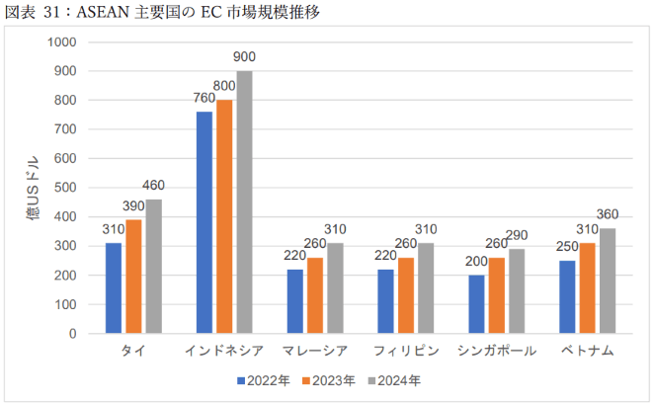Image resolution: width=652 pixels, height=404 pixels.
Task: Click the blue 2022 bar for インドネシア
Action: (204, 222)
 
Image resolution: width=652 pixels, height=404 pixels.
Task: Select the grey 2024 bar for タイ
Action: (153, 267)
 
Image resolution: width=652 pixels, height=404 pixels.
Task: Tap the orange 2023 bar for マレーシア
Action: (315, 295)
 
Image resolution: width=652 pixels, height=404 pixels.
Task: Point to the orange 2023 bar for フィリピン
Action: (406, 295)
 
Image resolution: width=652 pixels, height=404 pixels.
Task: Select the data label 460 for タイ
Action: (154, 187)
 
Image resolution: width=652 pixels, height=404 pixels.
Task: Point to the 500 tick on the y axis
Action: (65, 188)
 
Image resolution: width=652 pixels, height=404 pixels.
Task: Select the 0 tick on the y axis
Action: (73, 334)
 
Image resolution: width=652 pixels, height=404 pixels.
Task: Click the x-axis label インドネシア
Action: (224, 352)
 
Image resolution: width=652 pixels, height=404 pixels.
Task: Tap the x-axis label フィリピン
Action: (406, 352)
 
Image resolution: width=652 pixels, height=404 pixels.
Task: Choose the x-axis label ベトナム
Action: (587, 352)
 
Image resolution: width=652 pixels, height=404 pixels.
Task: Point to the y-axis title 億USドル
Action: (33, 188)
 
